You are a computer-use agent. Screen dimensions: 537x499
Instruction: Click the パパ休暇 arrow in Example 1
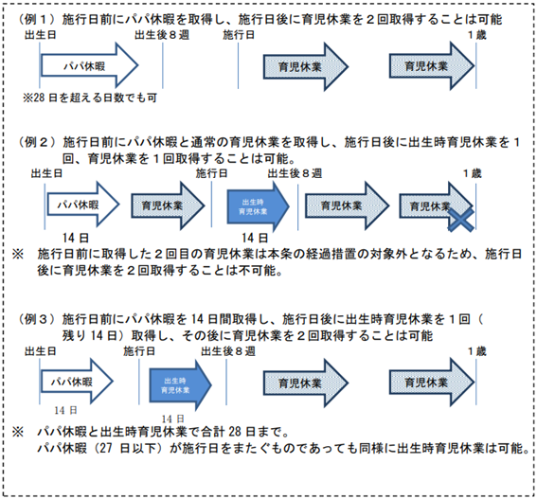click(89, 65)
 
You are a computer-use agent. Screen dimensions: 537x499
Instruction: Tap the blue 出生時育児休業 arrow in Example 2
click(258, 206)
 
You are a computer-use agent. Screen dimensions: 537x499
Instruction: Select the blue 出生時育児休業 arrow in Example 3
click(180, 385)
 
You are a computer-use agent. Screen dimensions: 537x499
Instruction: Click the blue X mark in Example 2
click(461, 219)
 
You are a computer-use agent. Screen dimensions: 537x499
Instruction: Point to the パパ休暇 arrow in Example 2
click(83, 205)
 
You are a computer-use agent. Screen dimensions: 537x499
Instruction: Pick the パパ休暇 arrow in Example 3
click(77, 382)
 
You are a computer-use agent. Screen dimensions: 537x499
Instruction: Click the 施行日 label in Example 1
click(239, 35)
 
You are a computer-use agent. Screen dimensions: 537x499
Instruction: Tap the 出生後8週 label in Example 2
click(295, 173)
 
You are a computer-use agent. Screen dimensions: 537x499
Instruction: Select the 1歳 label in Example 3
click(477, 351)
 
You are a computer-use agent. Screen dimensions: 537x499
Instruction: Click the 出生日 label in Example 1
click(41, 35)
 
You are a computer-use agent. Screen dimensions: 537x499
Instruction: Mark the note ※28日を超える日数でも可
click(90, 98)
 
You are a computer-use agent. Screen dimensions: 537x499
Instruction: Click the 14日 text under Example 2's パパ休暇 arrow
click(76, 238)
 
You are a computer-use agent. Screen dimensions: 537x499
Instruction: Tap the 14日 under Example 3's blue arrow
click(172, 419)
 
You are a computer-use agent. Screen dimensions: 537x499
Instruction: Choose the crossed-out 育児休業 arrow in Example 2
click(436, 205)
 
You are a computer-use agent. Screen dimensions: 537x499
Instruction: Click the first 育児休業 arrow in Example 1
click(306, 66)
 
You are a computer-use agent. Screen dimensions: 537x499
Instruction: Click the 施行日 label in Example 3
click(139, 351)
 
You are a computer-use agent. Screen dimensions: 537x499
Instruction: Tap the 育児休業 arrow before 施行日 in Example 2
click(168, 205)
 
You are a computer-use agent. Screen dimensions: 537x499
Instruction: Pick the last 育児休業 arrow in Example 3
click(432, 383)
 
